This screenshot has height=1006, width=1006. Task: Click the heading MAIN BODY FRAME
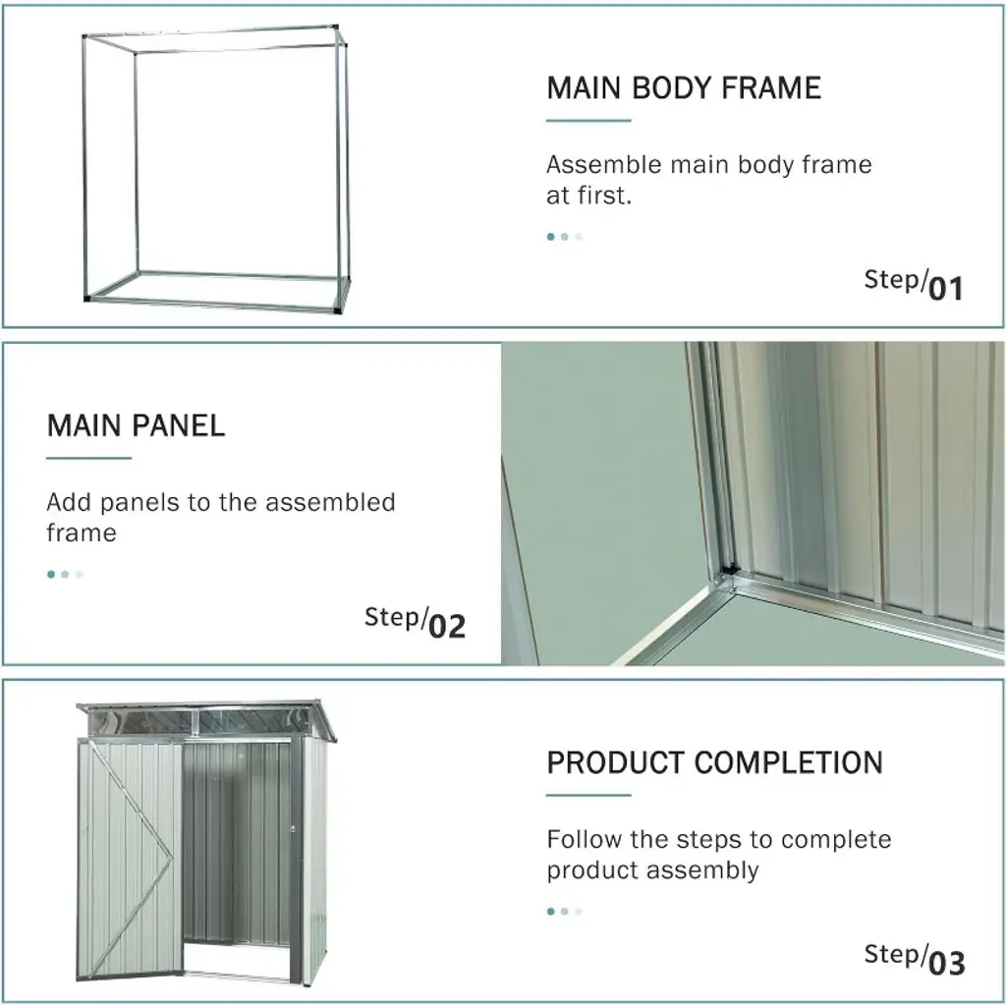pyautogui.click(x=684, y=88)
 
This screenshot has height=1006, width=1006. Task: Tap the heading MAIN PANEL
pyautogui.click(x=136, y=426)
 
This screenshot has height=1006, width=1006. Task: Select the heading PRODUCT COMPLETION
pyautogui.click(x=715, y=762)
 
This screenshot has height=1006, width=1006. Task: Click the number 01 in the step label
pyautogui.click(x=946, y=289)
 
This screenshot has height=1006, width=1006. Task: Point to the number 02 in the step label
pyautogui.click(x=447, y=626)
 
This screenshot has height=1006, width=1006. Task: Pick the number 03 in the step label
pyautogui.click(x=946, y=964)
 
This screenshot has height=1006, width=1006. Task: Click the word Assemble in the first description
pyautogui.click(x=604, y=165)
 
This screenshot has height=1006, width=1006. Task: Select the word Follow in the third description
pyautogui.click(x=585, y=839)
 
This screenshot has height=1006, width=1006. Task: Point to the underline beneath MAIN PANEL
pyautogui.click(x=88, y=458)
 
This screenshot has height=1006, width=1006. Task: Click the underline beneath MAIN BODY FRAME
pyautogui.click(x=588, y=120)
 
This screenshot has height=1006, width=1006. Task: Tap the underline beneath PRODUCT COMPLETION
pyautogui.click(x=588, y=795)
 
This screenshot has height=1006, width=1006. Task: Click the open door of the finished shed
pyautogui.click(x=129, y=860)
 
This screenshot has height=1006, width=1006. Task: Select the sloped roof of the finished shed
pyautogui.click(x=206, y=720)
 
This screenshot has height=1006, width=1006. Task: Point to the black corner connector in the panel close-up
pyautogui.click(x=728, y=569)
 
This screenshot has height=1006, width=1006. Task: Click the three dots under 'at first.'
pyautogui.click(x=565, y=237)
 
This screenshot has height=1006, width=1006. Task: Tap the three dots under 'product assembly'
pyautogui.click(x=565, y=911)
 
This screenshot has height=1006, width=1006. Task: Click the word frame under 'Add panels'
pyautogui.click(x=82, y=533)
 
